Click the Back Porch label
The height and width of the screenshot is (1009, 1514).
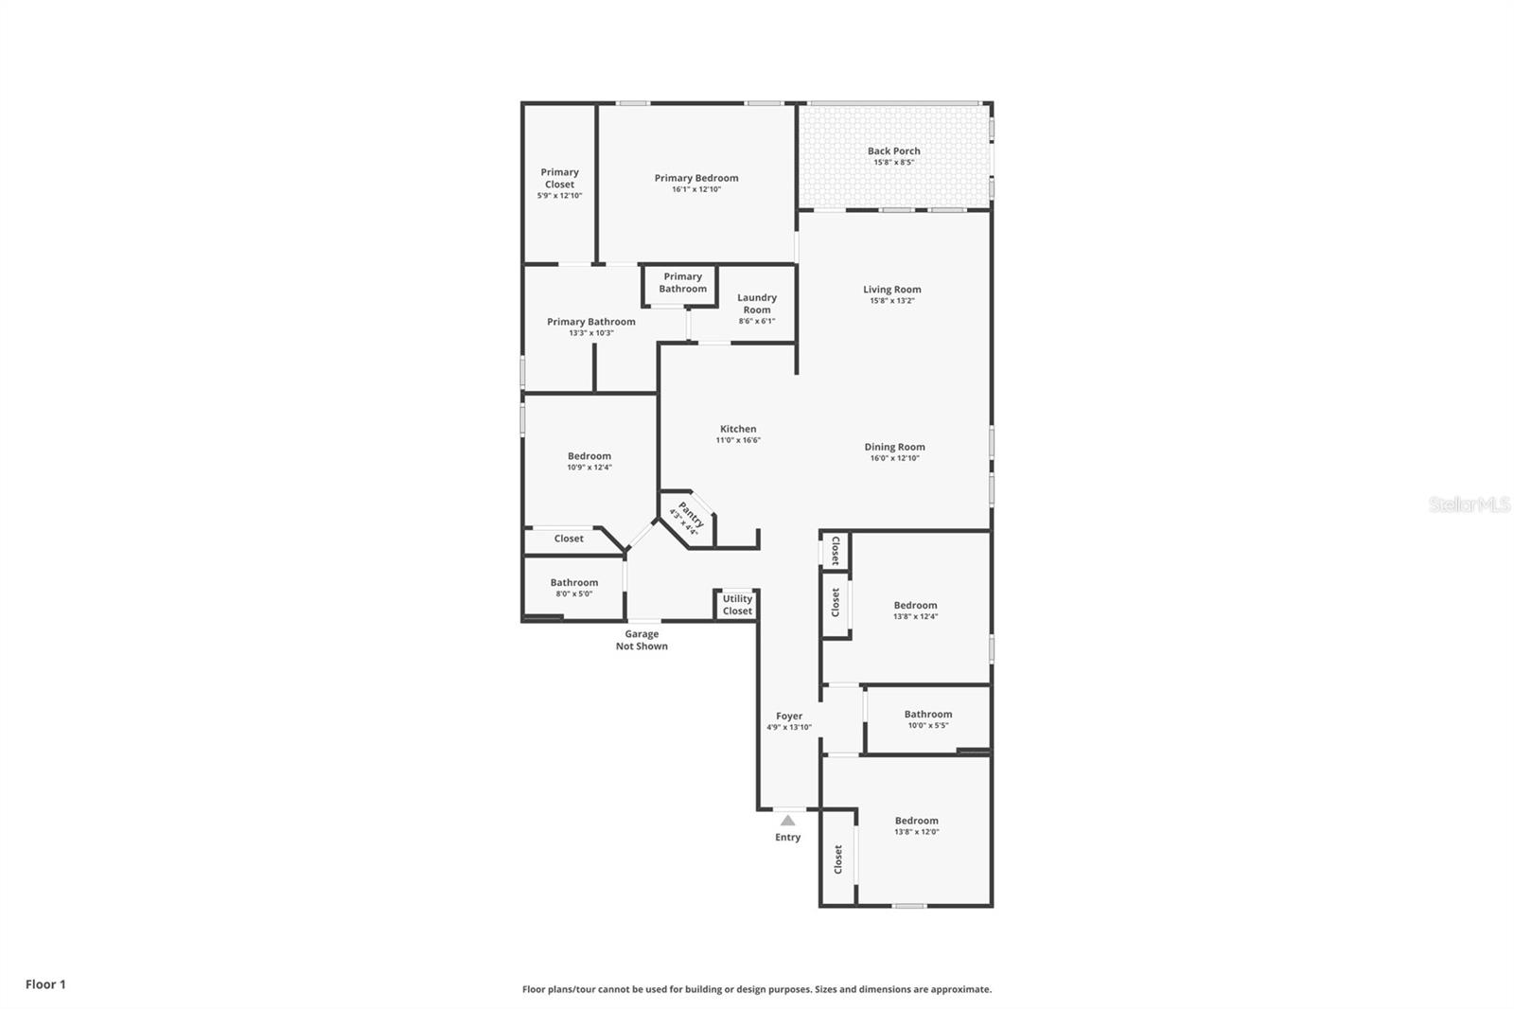click(893, 150)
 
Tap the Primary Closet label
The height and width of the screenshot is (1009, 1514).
click(559, 178)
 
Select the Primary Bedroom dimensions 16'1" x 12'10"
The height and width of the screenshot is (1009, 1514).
click(696, 189)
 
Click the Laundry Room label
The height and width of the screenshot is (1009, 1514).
click(757, 304)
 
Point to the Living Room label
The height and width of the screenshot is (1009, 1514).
click(891, 290)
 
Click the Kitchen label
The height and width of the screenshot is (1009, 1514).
click(738, 429)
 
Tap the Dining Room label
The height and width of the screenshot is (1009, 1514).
click(894, 447)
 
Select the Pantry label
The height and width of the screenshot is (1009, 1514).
click(691, 515)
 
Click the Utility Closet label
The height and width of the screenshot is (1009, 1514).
click(737, 605)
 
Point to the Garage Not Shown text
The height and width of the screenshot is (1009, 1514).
click(642, 641)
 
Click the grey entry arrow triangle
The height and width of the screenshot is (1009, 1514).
click(787, 820)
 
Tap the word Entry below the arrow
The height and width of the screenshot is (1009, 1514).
click(787, 838)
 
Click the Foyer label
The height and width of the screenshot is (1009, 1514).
click(789, 717)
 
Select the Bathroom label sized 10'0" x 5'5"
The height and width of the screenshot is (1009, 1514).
click(927, 715)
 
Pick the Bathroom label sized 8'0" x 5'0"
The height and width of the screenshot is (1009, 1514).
click(573, 583)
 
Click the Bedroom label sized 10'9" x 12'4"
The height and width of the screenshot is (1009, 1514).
click(589, 456)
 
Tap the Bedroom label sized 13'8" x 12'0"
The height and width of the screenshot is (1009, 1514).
click(916, 821)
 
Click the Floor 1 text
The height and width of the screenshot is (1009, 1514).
click(45, 984)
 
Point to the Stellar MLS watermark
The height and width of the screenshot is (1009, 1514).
click(1469, 504)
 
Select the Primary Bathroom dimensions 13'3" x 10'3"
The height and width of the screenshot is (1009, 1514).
click(591, 333)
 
